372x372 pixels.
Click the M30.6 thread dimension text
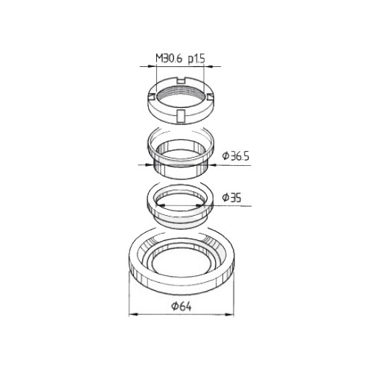[169, 59]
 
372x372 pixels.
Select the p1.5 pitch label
[196, 60]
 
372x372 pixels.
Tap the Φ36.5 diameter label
[236, 156]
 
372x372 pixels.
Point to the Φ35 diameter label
[231, 198]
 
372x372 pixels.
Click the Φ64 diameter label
[182, 307]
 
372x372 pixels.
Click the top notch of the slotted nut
[182, 80]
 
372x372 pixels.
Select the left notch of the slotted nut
[152, 97]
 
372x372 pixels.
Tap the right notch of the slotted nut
[210, 97]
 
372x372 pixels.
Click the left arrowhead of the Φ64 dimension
[133, 314]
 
